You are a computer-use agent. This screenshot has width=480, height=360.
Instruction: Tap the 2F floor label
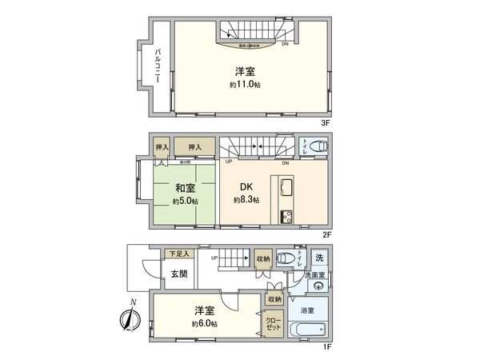point(326,234)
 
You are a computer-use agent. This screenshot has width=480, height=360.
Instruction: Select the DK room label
point(246,189)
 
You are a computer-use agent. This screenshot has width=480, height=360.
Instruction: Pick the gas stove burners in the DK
point(287,217)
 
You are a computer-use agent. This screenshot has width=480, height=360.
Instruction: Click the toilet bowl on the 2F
point(317,146)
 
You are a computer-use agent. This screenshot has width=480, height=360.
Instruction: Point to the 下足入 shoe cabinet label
point(180,254)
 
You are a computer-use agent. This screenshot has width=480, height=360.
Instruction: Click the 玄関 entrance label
point(179,274)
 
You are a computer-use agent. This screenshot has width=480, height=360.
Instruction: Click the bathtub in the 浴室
point(306,330)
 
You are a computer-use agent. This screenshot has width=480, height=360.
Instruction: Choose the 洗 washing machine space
point(320,258)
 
